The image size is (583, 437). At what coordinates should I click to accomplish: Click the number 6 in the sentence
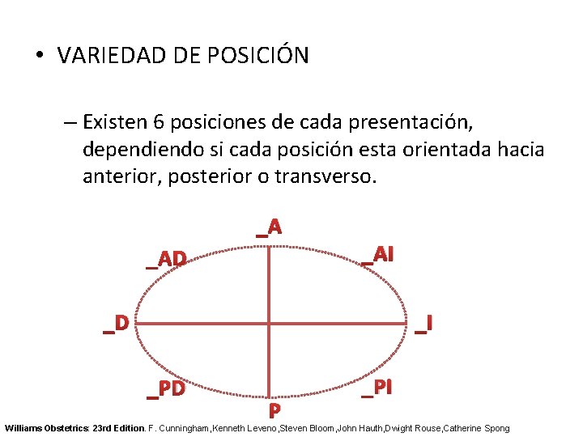pyautogui.click(x=160, y=123)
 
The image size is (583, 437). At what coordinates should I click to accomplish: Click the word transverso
pyautogui.click(x=329, y=176)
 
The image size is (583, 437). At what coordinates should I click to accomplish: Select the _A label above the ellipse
pyautogui.click(x=269, y=227)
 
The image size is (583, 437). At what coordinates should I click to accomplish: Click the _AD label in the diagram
pyautogui.click(x=167, y=259)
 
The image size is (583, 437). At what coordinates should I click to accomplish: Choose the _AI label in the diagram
pyautogui.click(x=378, y=255)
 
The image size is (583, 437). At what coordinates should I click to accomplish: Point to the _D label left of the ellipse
pyautogui.click(x=116, y=324)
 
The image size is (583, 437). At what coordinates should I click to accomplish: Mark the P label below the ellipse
pyautogui.click(x=274, y=410)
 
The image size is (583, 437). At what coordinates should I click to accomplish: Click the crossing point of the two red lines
pyautogui.click(x=269, y=325)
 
